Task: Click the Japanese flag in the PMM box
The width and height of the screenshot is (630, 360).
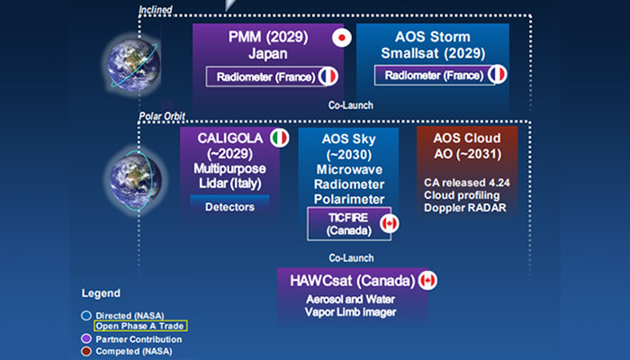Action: point(341,38)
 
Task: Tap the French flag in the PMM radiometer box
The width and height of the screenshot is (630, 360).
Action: point(328,76)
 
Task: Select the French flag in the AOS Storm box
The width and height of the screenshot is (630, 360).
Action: point(497,76)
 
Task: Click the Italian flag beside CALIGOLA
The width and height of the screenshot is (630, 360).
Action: point(280,138)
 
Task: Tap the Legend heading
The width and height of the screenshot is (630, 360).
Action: point(100,293)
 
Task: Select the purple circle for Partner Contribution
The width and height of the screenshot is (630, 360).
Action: point(86,337)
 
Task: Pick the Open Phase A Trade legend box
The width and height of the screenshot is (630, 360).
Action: point(136,325)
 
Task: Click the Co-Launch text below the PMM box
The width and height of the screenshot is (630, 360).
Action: point(351,105)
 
